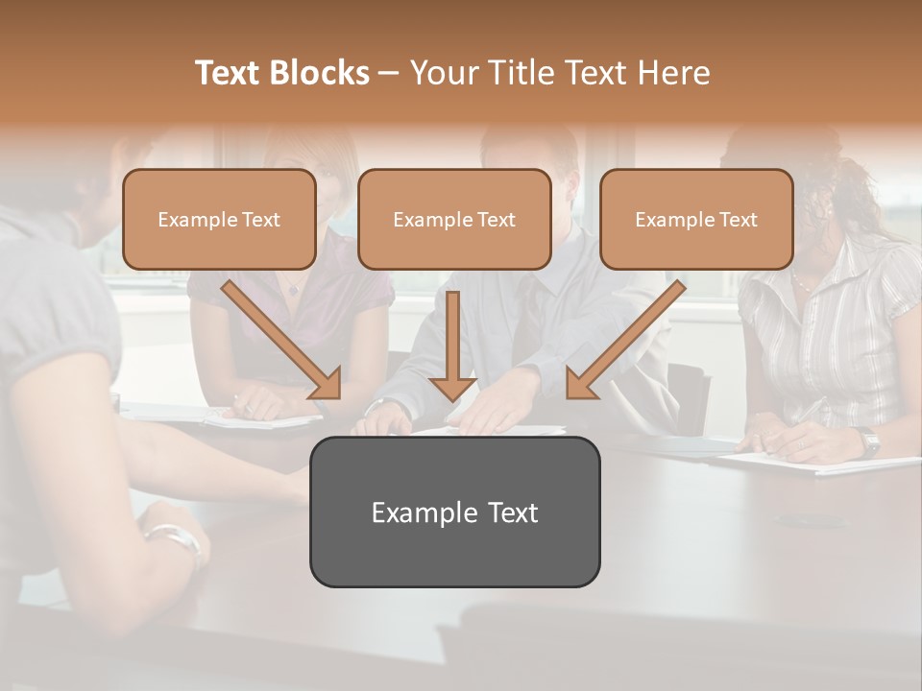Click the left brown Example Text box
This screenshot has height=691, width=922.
point(219,220)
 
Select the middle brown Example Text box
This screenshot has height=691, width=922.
point(454,220)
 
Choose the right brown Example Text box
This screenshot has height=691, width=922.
point(696,220)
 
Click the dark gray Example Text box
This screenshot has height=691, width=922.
point(454,512)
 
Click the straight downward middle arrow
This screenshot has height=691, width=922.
point(453,345)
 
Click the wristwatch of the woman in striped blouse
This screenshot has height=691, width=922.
point(869,441)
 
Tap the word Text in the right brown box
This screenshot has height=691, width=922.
point(738,220)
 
